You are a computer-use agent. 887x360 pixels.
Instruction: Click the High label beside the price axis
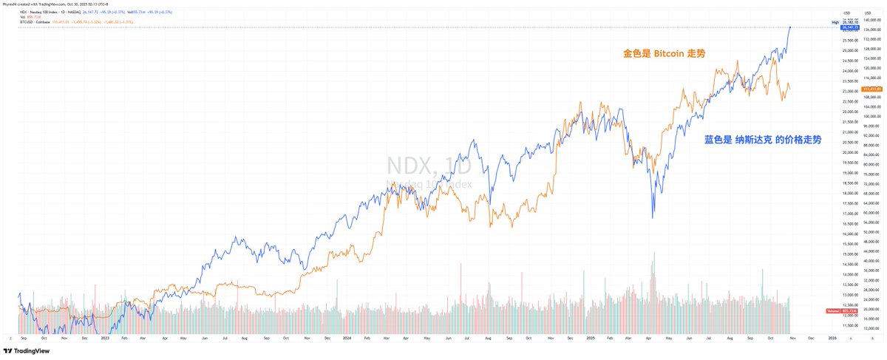coord(835,23)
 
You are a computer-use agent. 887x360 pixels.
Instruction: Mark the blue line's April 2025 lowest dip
coord(652,218)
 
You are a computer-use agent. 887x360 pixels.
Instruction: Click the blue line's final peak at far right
coord(790,27)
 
